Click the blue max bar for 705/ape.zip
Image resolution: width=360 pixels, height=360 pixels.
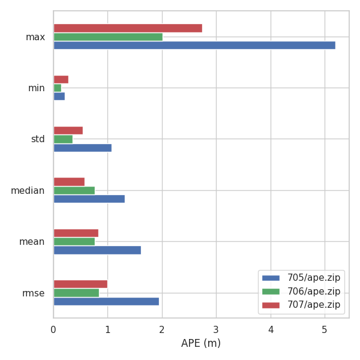[194, 45]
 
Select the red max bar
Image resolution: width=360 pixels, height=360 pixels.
[128, 28]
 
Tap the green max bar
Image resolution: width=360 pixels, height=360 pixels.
[108, 37]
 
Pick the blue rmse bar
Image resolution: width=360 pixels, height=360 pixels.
[106, 301]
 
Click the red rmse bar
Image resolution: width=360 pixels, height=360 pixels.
[80, 284]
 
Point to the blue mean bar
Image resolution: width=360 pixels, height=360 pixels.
[97, 250]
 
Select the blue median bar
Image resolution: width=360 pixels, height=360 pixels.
[89, 199]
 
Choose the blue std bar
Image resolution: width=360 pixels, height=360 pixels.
[82, 148]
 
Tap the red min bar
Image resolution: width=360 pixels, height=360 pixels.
[61, 79]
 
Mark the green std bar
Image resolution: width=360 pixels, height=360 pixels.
[63, 139]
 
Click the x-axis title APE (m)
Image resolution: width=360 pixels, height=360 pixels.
[201, 343]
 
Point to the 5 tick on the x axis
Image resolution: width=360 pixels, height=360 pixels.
[325, 329]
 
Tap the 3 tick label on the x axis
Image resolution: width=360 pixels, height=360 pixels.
[216, 329]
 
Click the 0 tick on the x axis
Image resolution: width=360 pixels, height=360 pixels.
[53, 329]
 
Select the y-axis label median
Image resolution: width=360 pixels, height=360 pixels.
[28, 191]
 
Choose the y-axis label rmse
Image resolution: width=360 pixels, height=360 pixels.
[33, 293]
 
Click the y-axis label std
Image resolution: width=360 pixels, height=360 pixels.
[37, 139]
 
